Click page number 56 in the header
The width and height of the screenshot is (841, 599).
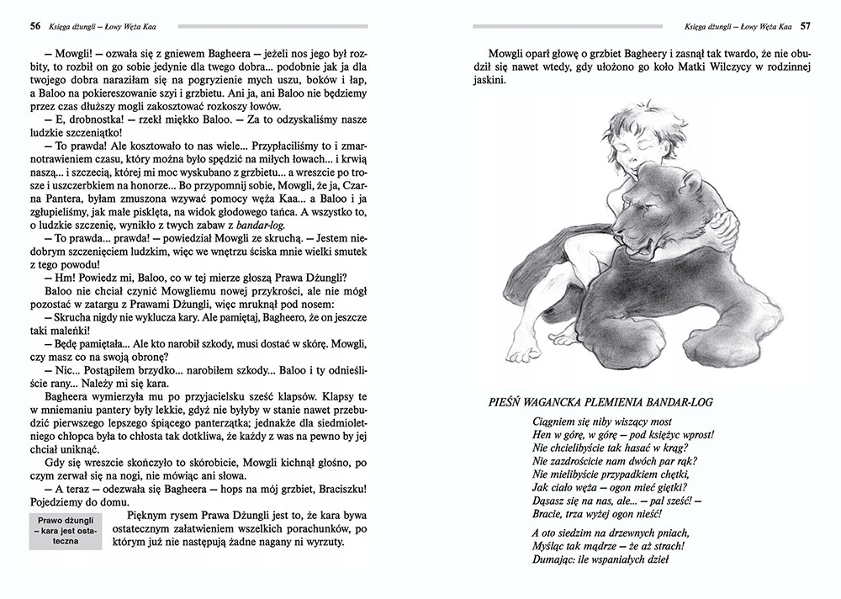pos(35,25)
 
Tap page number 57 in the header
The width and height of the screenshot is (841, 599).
pos(805,25)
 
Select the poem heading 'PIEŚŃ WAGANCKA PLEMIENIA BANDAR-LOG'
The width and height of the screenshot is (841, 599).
pos(600,402)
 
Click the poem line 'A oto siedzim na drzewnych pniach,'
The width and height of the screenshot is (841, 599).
pos(611,533)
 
